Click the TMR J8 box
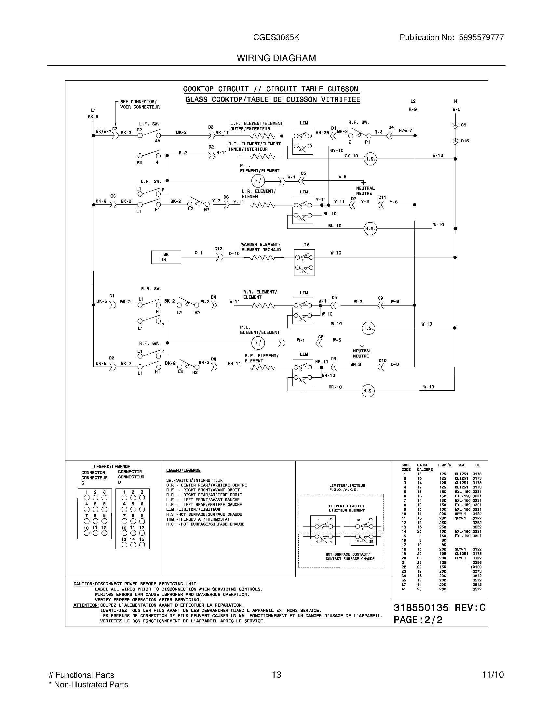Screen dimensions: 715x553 [x=166, y=257]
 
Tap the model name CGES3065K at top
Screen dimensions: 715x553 [x=276, y=37]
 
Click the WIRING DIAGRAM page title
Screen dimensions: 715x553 [x=276, y=58]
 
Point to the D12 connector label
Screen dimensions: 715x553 [x=218, y=249]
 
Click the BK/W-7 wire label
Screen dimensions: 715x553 [x=103, y=131]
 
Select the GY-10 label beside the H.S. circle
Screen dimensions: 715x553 [x=351, y=156]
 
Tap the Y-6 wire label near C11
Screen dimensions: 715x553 [x=394, y=202]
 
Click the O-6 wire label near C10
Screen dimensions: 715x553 [x=395, y=364]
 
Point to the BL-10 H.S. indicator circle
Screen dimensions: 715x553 [x=370, y=228]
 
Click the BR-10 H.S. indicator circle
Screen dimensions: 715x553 [x=368, y=391]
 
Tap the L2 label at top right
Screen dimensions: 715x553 [x=413, y=101]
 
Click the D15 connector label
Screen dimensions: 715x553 [x=465, y=141]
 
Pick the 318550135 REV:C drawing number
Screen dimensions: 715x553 [x=439, y=608]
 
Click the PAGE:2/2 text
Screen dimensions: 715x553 [x=418, y=620]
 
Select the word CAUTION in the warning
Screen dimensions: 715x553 [x=84, y=584]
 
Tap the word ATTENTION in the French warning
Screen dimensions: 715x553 [x=86, y=605]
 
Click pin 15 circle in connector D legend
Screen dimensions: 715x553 [x=142, y=544]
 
